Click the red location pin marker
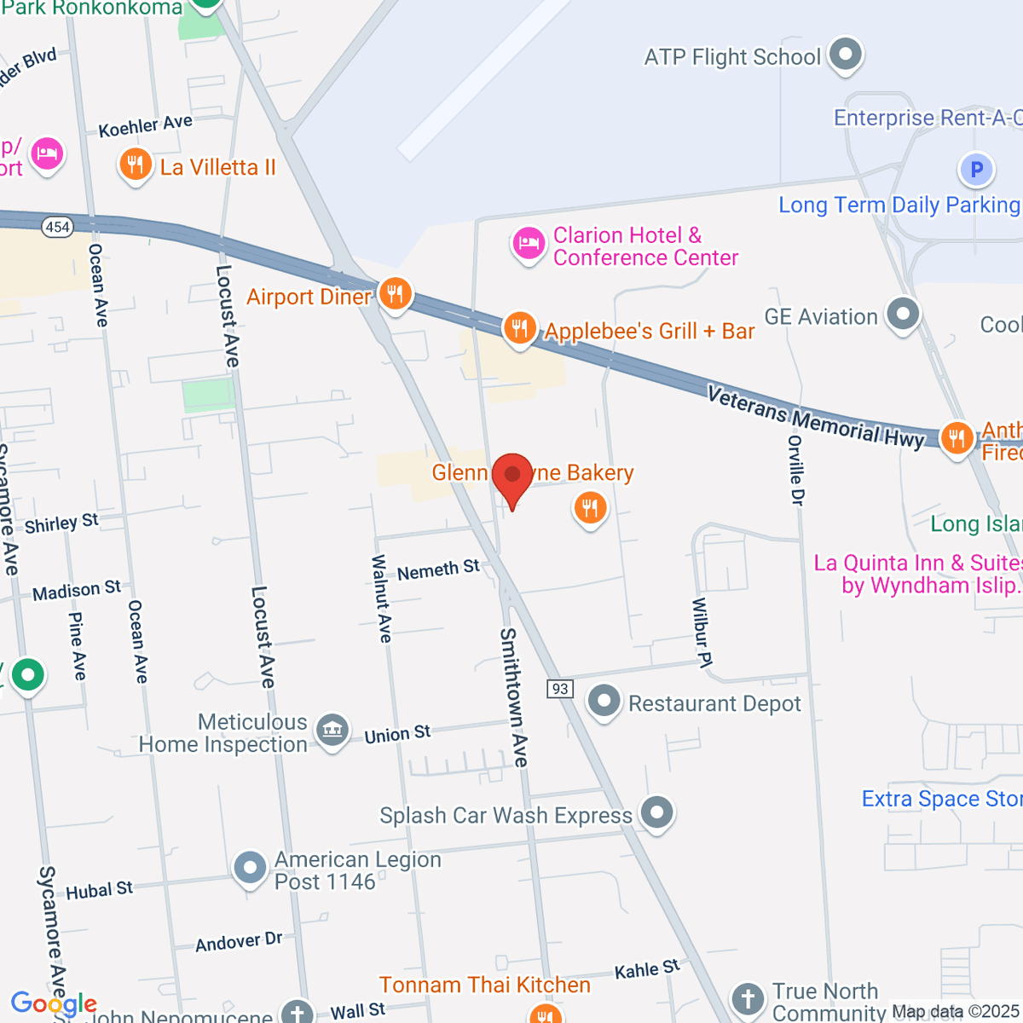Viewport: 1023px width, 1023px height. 512,475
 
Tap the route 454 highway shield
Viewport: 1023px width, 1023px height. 57,227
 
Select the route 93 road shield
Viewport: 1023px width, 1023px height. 559,689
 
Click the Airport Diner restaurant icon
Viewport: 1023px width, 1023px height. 394,294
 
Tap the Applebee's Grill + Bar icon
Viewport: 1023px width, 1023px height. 519,327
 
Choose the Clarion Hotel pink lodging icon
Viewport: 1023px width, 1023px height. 529,244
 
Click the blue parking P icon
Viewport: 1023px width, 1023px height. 976,170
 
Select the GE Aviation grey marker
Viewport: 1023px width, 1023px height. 903,314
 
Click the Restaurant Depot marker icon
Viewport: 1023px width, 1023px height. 604,702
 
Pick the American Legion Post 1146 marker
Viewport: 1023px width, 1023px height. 250,868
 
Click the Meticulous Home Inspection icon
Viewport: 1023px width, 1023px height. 332,730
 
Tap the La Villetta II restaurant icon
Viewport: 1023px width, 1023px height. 135,165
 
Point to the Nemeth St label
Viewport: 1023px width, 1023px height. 438,569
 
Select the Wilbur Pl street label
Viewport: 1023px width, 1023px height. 702,632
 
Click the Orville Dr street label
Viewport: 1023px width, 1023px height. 796,470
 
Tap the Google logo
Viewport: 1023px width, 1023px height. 54,1004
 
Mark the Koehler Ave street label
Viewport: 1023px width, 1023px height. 145,126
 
